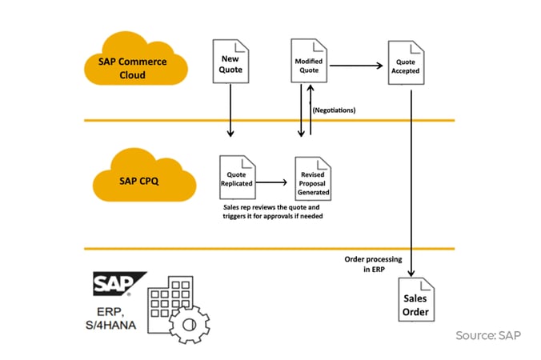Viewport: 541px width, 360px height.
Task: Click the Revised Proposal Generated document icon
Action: (314, 177)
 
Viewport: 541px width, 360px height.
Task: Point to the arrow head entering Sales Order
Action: (412, 272)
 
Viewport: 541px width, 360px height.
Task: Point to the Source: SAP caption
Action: (488, 334)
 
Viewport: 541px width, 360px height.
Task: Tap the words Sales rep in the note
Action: (239, 206)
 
